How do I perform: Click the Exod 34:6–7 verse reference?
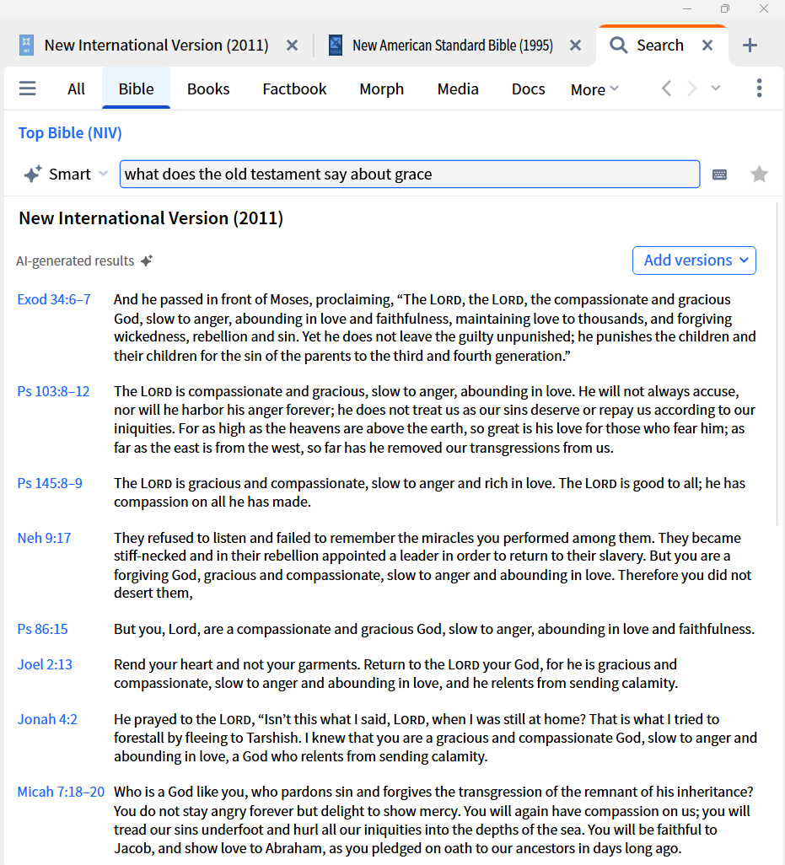[x=54, y=299]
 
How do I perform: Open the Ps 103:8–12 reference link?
[x=53, y=391]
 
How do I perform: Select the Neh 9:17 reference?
[x=44, y=538]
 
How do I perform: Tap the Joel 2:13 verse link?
[x=45, y=664]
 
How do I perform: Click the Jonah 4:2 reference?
[x=47, y=719]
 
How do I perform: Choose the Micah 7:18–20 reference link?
[x=61, y=792]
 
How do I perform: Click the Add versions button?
[x=694, y=261]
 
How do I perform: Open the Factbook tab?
[x=294, y=89]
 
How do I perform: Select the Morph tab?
[x=381, y=89]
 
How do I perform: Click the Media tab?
[x=458, y=89]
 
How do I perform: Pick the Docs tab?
[x=528, y=89]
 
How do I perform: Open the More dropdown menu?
[x=594, y=89]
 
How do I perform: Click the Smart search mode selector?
[x=67, y=175]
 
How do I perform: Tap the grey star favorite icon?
[x=760, y=175]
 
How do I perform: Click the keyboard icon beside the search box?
[x=719, y=175]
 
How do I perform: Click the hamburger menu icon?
[x=28, y=89]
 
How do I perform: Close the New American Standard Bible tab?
[x=575, y=46]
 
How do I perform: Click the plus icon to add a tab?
[x=750, y=46]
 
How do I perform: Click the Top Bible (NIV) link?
[x=70, y=133]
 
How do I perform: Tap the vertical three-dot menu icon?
[x=760, y=89]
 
